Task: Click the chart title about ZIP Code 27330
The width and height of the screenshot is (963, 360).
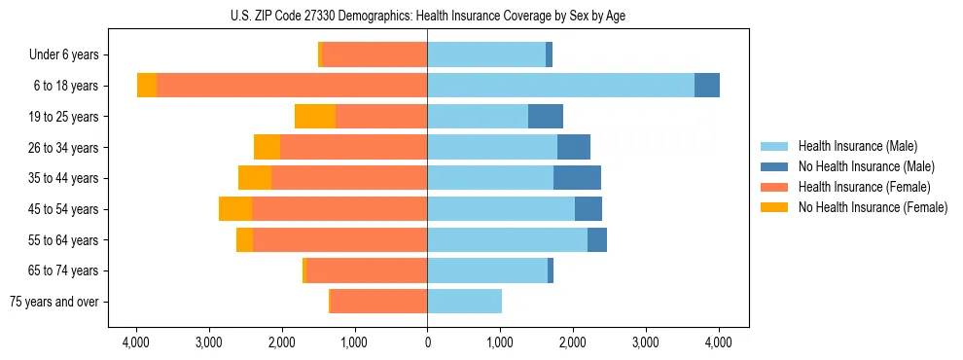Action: pyautogui.click(x=427, y=16)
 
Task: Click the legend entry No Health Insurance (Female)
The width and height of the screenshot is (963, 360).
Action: pyautogui.click(x=873, y=207)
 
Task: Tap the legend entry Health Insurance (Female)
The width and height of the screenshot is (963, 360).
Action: pyautogui.click(x=864, y=187)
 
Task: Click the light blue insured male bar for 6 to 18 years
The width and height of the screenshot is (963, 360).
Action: pyautogui.click(x=560, y=86)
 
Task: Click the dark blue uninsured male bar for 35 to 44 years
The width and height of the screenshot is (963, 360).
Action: pyautogui.click(x=577, y=178)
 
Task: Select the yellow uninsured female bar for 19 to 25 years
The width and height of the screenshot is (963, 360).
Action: pyautogui.click(x=315, y=117)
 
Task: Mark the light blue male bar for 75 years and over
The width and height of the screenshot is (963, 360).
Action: pyautogui.click(x=464, y=302)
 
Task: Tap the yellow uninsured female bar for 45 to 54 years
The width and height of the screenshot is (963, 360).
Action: pyautogui.click(x=235, y=209)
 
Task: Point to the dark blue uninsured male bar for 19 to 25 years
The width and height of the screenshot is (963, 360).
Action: pyautogui.click(x=546, y=117)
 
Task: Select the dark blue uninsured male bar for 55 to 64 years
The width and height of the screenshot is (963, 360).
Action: pyautogui.click(x=597, y=239)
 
